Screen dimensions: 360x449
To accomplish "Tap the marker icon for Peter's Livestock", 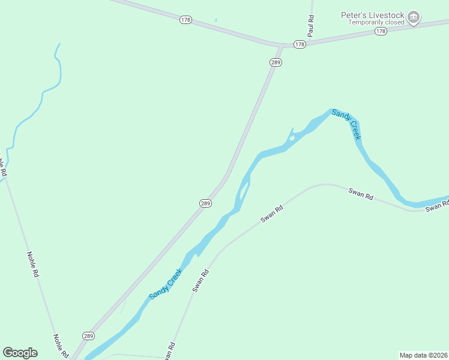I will coord(414,18).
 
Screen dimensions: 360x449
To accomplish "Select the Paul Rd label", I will coord(310,26).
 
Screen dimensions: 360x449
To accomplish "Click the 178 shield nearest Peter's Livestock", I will coord(381,31).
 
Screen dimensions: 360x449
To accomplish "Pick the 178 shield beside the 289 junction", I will coord(300,44).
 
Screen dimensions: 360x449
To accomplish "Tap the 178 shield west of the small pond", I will coord(185,20).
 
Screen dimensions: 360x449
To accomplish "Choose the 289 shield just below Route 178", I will coord(276,62).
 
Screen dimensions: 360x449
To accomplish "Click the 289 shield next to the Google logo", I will coord(88,336).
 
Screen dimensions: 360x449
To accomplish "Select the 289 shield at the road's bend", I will coord(205,203).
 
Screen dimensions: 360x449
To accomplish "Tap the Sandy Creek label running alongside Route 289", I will coord(166,284).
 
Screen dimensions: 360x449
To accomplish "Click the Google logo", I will coord(20,352).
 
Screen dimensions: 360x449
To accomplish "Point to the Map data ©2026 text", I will coord(423,355).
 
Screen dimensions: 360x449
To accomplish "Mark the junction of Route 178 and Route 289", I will coord(281,46).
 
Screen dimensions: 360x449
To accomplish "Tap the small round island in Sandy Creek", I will coord(291,139).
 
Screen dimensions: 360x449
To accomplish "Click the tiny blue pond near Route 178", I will coord(215,20).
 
